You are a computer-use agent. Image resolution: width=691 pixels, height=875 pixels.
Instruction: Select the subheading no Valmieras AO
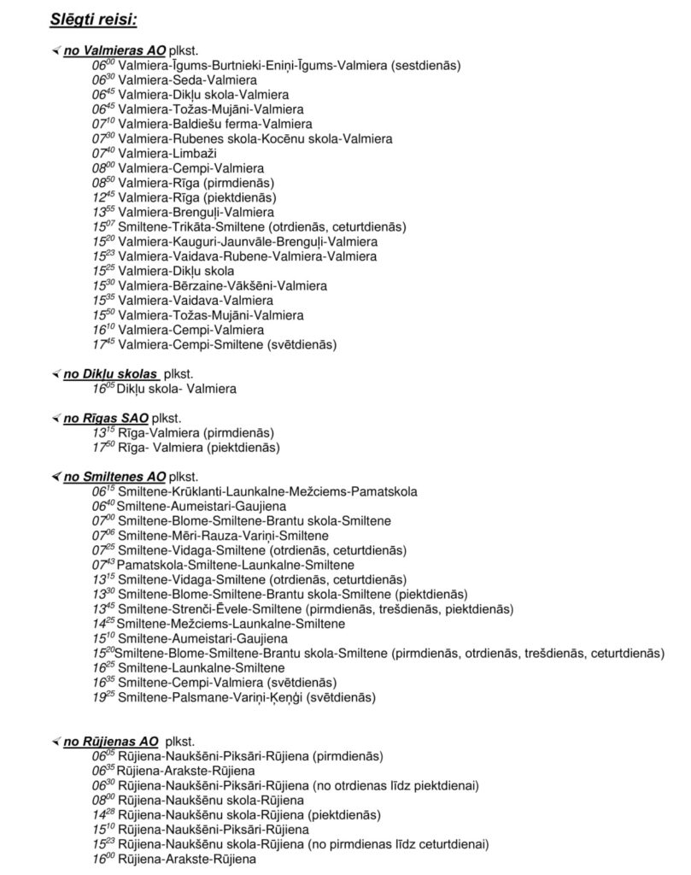click(x=114, y=51)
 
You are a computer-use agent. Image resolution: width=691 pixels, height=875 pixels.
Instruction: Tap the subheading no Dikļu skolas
click(x=110, y=373)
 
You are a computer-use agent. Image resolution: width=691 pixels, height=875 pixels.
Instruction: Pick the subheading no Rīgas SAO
click(x=106, y=418)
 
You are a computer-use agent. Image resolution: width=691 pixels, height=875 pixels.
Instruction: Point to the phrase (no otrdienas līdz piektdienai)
click(x=396, y=785)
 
